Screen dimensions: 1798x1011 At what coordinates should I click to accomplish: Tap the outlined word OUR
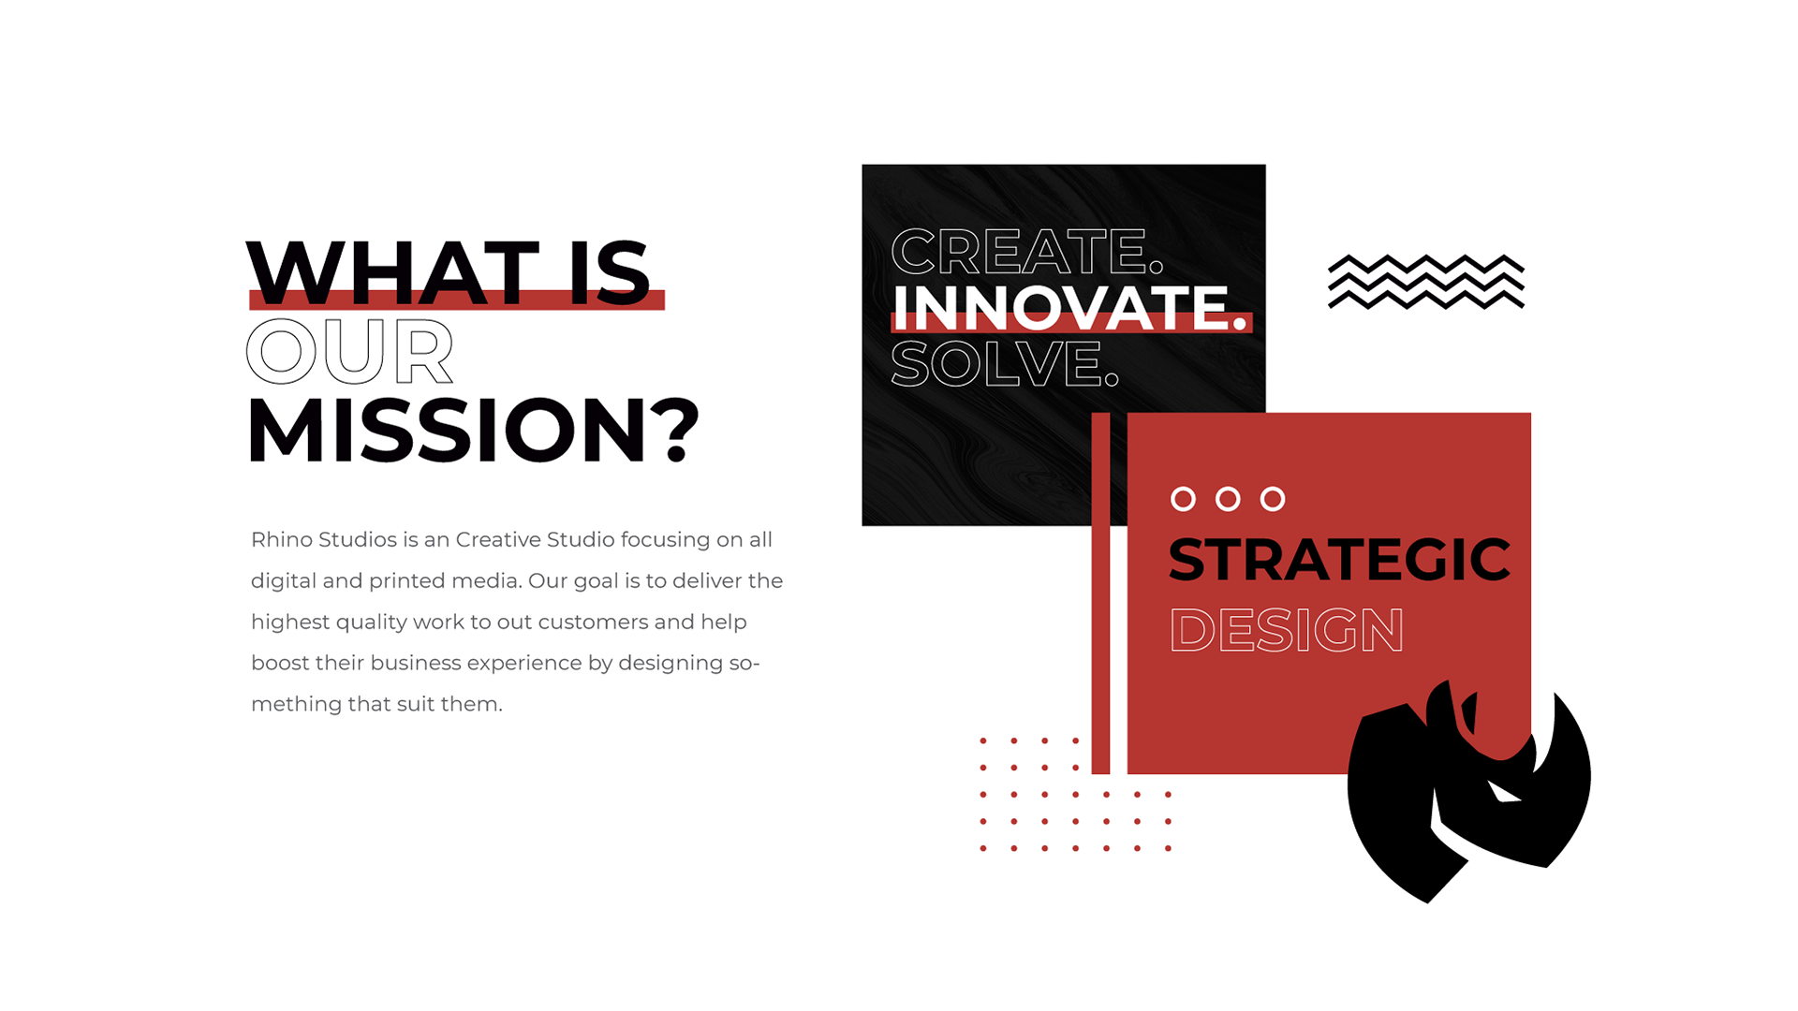349,351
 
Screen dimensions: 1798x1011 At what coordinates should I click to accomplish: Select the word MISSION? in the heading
473,430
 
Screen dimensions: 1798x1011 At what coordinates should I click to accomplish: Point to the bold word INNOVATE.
1069,307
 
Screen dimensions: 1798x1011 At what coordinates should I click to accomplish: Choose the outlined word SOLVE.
1005,363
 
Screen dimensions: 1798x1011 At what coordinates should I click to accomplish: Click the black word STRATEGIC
1339,560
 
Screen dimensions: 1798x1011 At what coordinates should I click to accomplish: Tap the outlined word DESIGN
1287,629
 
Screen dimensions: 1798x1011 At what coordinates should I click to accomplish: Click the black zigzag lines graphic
1426,281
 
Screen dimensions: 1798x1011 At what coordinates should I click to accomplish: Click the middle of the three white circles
1228,499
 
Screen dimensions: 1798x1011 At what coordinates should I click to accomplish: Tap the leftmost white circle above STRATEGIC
1184,499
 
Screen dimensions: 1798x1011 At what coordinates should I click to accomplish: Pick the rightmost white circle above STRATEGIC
1273,499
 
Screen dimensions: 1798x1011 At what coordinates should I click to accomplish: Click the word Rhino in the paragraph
281,539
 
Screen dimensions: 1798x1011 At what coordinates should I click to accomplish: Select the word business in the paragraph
415,663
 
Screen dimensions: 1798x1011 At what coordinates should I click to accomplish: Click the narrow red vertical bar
1100,593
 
